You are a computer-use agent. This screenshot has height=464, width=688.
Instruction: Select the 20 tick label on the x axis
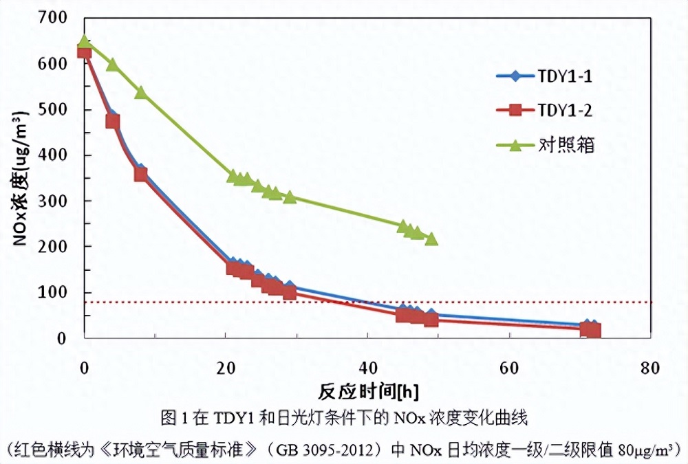point(226,368)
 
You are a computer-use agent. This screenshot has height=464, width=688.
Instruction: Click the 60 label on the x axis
point(509,368)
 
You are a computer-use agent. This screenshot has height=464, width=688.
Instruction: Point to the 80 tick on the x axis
point(650,368)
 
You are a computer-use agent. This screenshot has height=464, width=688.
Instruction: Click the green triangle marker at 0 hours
point(85,43)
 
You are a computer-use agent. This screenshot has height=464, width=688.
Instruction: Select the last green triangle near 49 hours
point(431,239)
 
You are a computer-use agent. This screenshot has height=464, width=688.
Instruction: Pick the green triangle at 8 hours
point(140,92)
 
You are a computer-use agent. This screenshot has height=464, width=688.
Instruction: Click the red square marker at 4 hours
point(112,122)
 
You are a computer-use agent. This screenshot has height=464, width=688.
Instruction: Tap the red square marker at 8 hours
point(140,174)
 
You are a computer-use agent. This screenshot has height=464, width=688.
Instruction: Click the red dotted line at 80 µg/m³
point(482,302)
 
